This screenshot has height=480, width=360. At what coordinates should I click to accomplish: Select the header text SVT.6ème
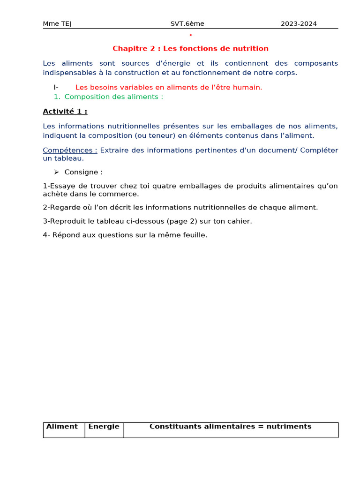coord(187,24)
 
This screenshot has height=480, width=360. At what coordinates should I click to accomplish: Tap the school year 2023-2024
coord(299,24)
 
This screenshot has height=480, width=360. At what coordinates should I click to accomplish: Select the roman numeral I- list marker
coord(56,87)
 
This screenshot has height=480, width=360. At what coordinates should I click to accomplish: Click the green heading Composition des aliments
coord(113,97)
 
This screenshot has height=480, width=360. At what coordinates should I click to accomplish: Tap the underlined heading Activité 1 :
coord(65,112)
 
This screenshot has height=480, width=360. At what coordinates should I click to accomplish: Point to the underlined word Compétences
coord(70,150)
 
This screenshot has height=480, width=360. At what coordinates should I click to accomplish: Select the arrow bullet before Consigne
coord(56,172)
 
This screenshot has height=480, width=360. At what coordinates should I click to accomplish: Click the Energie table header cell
coord(104,427)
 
